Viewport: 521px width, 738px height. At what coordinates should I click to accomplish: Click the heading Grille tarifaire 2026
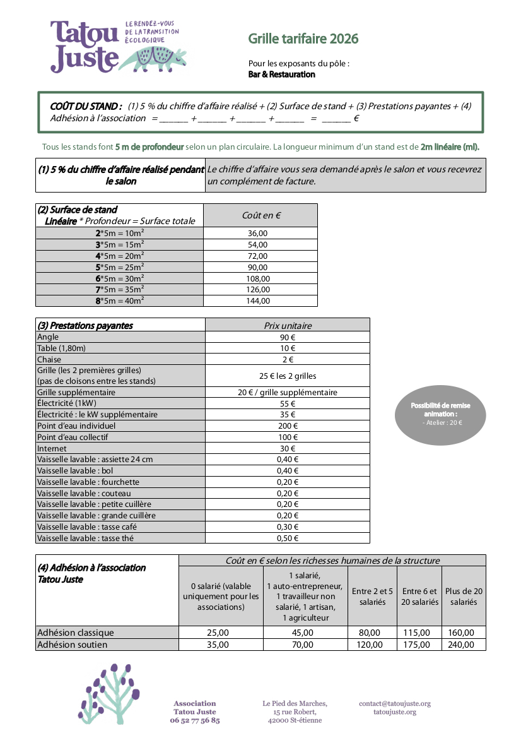303,39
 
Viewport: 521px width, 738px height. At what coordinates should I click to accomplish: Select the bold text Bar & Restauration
282,74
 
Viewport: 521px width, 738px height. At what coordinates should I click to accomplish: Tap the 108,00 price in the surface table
258,278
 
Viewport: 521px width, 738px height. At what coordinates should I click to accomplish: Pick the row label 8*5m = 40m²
119,301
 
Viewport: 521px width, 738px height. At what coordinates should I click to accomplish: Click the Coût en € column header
261,215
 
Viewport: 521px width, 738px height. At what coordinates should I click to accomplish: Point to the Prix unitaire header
287,326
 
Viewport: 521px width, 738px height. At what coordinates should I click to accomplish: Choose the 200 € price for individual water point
287,426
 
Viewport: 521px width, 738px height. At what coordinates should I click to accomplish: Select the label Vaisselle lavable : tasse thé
85,538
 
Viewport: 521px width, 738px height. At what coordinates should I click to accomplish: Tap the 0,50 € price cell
287,539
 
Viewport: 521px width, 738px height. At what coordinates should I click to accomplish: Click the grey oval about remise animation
440,414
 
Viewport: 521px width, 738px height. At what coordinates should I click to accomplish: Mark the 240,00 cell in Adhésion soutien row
464,645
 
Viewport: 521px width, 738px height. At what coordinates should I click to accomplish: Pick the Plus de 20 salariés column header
464,597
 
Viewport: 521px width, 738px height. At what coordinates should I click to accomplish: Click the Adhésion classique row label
76,633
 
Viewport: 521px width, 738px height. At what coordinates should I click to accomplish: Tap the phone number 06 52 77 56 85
195,720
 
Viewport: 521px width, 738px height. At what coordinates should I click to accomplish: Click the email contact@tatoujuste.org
395,703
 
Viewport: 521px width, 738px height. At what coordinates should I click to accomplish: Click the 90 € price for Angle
287,337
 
